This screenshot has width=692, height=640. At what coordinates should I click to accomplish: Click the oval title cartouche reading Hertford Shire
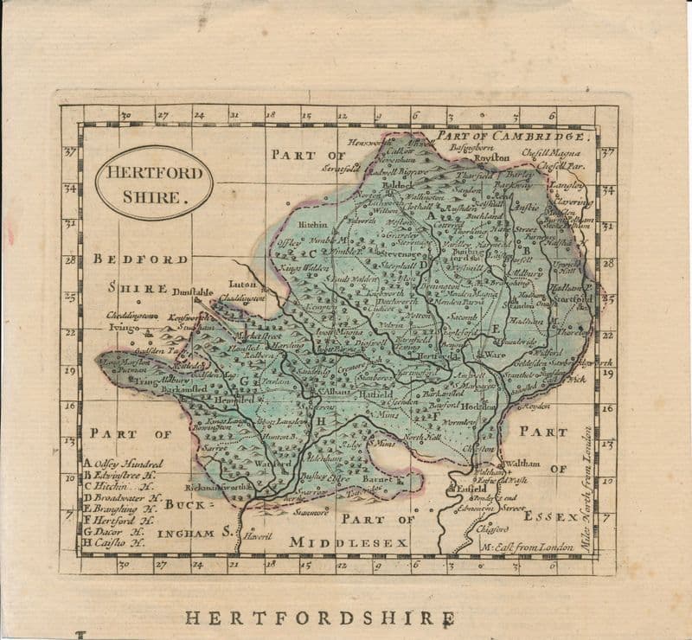tap(154, 182)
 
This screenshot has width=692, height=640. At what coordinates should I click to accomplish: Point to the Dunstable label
tap(192, 292)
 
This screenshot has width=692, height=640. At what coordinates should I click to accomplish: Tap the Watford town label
tap(273, 464)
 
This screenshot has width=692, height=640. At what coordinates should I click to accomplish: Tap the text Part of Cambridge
tap(514, 136)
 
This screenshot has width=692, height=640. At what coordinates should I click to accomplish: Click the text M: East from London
tap(527, 547)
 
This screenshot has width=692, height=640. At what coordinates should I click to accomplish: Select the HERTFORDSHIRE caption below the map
tap(319, 618)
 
